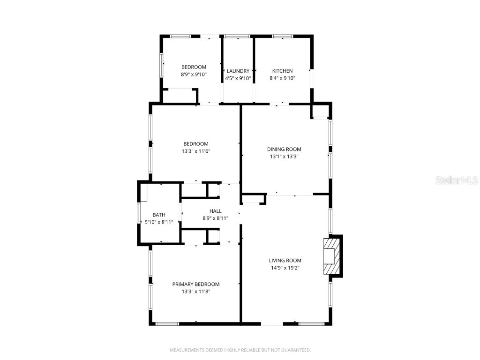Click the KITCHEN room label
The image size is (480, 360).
[282, 71]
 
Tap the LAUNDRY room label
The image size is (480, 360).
[238, 71]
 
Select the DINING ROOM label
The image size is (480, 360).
[284, 149]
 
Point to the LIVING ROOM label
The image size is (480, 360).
[285, 260]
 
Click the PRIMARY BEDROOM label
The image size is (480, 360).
[195, 284]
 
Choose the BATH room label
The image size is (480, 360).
[159, 215]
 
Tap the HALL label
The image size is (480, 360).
[216, 211]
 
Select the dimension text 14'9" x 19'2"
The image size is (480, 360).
[285, 268]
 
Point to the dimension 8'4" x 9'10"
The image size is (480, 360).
[282, 78]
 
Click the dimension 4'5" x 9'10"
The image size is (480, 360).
[238, 78]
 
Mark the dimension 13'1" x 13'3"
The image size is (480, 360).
[284, 157]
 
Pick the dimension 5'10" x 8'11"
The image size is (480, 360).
[159, 222]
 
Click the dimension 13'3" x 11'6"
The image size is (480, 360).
[195, 151]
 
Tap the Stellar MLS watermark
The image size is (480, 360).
[457, 180]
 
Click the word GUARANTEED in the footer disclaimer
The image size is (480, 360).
[295, 350]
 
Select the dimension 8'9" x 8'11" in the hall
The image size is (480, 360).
[216, 218]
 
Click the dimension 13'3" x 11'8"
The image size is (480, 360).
[195, 292]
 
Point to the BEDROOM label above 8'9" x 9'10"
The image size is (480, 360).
[194, 67]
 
